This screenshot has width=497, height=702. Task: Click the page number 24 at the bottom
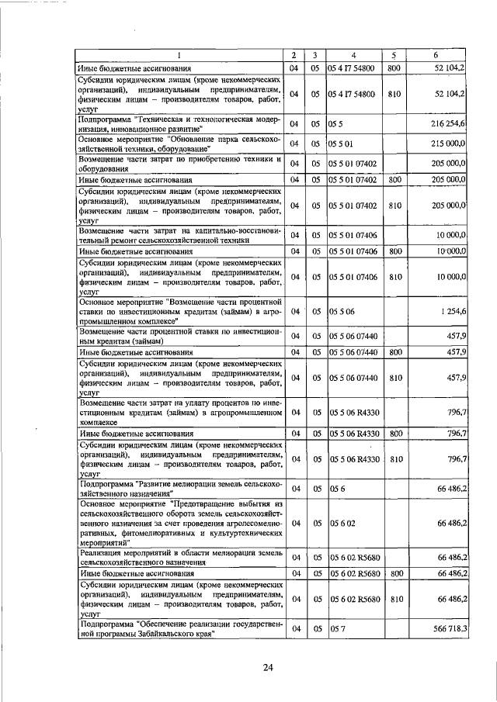(x=268, y=667)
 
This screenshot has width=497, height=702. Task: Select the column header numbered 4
(x=353, y=55)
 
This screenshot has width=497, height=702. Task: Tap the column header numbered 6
(x=436, y=55)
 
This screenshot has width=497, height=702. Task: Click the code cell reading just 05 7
(x=335, y=630)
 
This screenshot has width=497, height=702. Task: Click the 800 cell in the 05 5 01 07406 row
(x=394, y=251)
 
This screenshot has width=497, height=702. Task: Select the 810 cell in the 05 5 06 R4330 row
(x=394, y=459)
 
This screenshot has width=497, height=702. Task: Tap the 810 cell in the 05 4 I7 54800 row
(x=394, y=95)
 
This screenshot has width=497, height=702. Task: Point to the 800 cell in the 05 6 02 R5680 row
(x=394, y=573)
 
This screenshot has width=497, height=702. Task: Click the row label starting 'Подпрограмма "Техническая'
(x=178, y=123)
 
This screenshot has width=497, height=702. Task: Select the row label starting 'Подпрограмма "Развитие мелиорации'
(x=178, y=488)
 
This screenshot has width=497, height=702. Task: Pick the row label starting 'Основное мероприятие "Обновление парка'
(x=178, y=144)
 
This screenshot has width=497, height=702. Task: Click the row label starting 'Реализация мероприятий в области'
(x=178, y=557)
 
